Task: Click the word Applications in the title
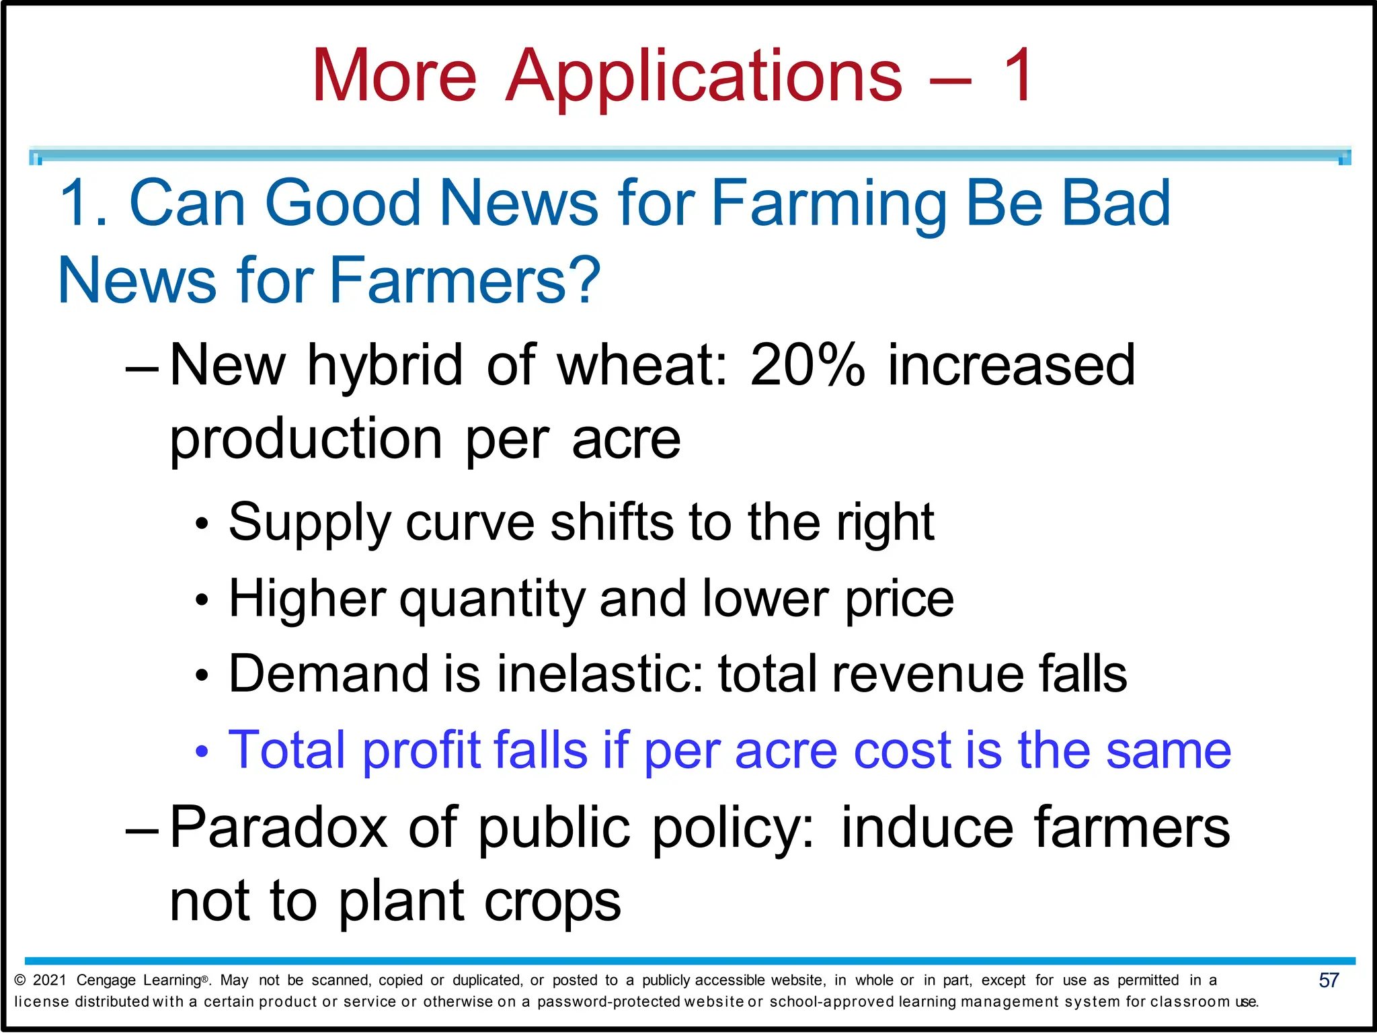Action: coord(704,77)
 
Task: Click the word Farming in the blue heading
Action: coord(828,204)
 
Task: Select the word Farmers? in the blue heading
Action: coord(465,280)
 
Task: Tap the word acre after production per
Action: coord(626,440)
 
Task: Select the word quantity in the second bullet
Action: coord(492,600)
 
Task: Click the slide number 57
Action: coord(1329,980)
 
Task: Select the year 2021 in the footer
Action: coord(49,980)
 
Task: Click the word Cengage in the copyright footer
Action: coord(106,980)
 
